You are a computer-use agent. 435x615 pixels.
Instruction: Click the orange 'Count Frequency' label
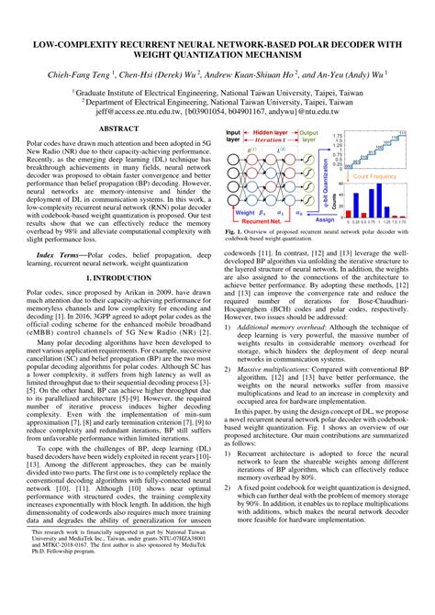pos(377,174)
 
